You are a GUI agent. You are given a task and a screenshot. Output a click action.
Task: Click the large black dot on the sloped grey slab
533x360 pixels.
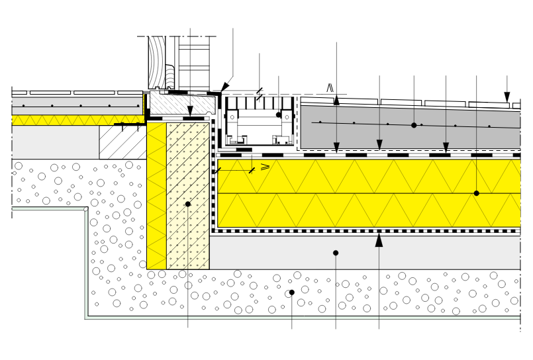[414, 125]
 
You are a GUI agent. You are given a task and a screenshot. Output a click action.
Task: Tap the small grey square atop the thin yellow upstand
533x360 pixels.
[146, 93]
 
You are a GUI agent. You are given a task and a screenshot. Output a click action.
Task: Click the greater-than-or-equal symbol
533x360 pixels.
[265, 167]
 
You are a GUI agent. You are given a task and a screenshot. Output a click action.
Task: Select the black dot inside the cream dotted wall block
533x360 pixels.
[188, 204]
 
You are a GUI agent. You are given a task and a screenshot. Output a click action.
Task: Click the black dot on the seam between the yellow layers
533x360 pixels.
[476, 193]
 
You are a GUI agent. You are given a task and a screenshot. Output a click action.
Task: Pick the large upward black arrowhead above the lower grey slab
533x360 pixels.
[379, 241]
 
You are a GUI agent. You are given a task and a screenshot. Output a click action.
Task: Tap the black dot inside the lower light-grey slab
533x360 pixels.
[336, 253]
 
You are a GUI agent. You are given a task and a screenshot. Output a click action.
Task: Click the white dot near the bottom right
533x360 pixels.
[456, 311]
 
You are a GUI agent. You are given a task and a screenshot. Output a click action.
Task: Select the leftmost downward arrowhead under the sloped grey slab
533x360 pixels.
[336, 146]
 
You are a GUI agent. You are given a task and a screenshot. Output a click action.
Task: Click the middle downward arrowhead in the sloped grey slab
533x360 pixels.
[379, 144]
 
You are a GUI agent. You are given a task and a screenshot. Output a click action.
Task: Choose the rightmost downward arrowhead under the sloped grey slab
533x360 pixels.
[446, 146]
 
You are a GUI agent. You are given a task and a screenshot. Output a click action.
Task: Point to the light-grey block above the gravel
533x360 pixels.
[55, 142]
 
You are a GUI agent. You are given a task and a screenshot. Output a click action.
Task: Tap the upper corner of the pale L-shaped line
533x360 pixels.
[86, 209]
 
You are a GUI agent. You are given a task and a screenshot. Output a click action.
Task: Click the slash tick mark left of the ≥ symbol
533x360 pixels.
[252, 170]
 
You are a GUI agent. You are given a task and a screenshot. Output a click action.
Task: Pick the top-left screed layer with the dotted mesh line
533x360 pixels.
[77, 106]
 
